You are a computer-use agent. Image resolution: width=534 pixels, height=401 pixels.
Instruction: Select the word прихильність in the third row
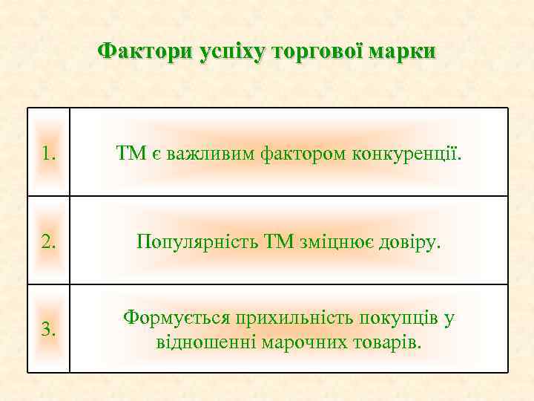(295, 317)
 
